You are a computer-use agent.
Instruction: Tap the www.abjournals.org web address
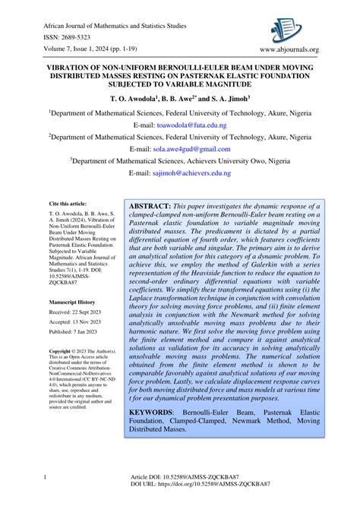(x=290, y=50)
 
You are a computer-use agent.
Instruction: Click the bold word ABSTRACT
(x=149, y=206)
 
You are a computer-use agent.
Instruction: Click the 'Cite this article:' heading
(x=68, y=204)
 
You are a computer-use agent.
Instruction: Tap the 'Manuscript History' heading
(x=72, y=302)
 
